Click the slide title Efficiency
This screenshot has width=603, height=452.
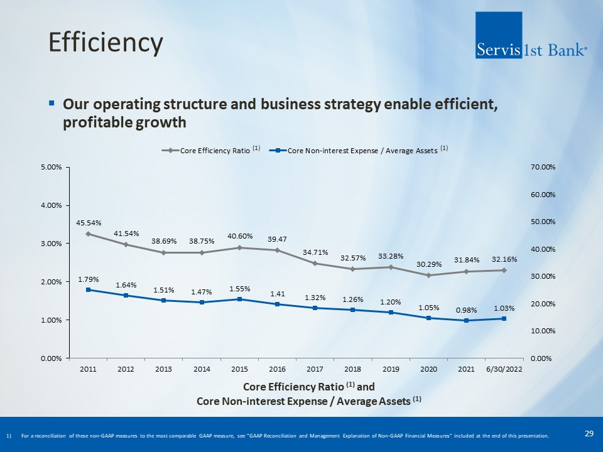[x=106, y=43]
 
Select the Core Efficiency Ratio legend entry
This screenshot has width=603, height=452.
[x=210, y=151]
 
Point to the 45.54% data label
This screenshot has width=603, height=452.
[x=89, y=222]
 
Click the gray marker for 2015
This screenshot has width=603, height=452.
[x=239, y=247]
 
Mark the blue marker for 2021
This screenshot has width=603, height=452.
[x=466, y=321]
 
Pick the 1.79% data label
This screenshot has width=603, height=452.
[x=89, y=279]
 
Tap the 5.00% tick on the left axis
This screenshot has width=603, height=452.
[x=52, y=168]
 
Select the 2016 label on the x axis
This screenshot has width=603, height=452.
[x=277, y=369]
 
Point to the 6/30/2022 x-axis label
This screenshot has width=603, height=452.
[x=504, y=369]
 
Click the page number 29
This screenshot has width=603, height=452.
[x=589, y=433]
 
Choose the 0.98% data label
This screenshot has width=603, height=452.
[x=466, y=310]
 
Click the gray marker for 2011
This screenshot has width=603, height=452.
[x=89, y=234]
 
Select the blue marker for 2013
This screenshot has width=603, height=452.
[x=164, y=300]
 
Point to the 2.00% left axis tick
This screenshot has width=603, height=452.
[x=52, y=282]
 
